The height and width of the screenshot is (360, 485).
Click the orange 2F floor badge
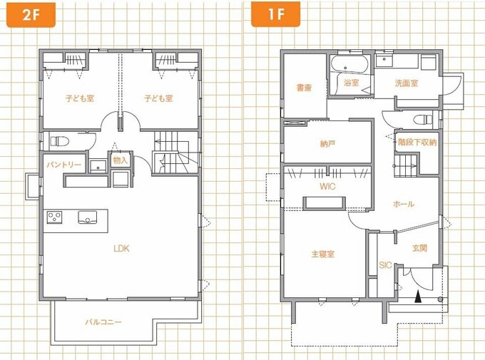(x=31, y=14)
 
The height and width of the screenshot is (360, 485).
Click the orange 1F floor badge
(x=275, y=14)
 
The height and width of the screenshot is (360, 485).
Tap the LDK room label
(x=121, y=248)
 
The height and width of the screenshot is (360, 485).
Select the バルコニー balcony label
(x=103, y=322)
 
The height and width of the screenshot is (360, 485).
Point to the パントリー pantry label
(x=64, y=165)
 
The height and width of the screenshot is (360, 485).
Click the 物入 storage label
(x=120, y=160)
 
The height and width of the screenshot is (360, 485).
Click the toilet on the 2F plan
(x=59, y=141)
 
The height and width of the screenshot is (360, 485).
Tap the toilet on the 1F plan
(x=423, y=119)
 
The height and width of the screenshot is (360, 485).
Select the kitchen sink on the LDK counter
(x=88, y=217)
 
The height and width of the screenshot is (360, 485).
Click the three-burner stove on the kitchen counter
(x=54, y=217)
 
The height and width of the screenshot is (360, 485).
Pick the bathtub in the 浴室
(x=349, y=64)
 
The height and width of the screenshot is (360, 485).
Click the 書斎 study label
(x=304, y=88)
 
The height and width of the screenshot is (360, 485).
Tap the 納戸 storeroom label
(x=327, y=144)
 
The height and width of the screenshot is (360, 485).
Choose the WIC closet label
(x=327, y=187)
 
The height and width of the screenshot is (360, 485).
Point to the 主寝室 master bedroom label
(x=323, y=254)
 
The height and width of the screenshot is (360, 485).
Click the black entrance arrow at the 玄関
(x=418, y=297)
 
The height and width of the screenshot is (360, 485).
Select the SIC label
(x=385, y=265)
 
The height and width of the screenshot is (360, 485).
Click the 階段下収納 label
(x=417, y=143)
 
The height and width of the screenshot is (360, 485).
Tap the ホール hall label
(x=404, y=204)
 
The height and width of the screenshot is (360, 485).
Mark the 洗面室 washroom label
(x=407, y=83)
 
